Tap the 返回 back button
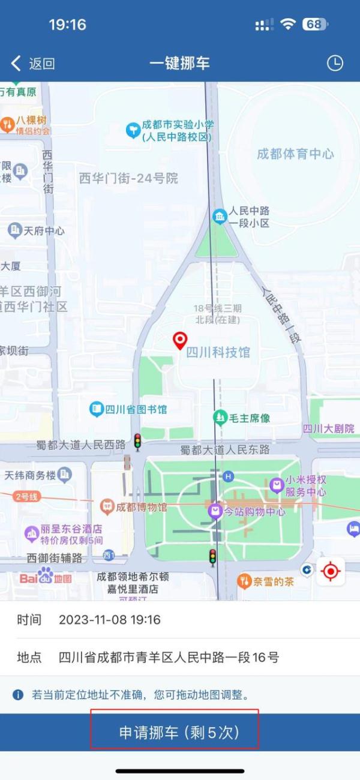33,64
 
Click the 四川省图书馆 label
136,410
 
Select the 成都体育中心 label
295,154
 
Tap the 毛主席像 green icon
220,417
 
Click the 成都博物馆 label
142,507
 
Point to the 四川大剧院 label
328,428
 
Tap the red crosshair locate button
331,571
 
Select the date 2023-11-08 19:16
110,620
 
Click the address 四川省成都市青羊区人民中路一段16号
169,657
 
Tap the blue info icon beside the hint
19,695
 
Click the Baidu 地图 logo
46,578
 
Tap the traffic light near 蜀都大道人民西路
137,442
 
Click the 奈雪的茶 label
273,581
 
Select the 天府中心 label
44,230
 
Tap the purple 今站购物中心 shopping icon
215,512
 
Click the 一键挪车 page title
179,64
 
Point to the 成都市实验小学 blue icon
133,130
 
